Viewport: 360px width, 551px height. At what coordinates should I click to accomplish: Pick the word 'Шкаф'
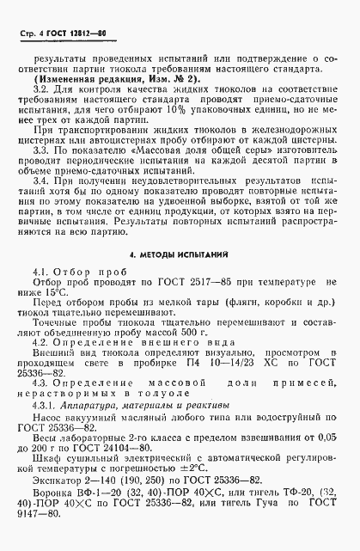click(x=45, y=460)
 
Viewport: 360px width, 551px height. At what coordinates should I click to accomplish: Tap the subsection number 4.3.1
click(x=43, y=403)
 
